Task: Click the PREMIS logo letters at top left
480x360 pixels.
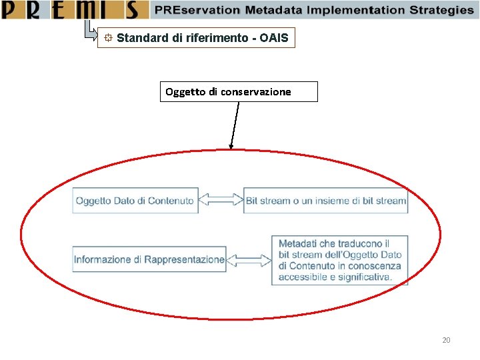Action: (x=73, y=10)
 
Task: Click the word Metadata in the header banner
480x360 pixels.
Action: (x=271, y=10)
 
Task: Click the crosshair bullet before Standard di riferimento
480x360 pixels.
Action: (x=107, y=38)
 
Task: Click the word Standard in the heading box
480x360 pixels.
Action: (x=142, y=38)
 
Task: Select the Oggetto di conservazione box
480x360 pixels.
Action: (x=239, y=91)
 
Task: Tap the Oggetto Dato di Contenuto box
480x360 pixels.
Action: (x=135, y=201)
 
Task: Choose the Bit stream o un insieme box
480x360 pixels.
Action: (x=326, y=201)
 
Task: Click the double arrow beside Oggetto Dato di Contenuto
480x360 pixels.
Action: (x=221, y=200)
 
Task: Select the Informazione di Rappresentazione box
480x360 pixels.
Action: (x=149, y=259)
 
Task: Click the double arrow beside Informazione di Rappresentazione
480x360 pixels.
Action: (x=249, y=259)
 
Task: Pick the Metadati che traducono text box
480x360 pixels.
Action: (x=339, y=260)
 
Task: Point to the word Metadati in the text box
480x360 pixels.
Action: (x=297, y=244)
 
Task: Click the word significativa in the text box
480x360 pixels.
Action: (x=365, y=277)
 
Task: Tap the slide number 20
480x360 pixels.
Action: (x=446, y=341)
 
